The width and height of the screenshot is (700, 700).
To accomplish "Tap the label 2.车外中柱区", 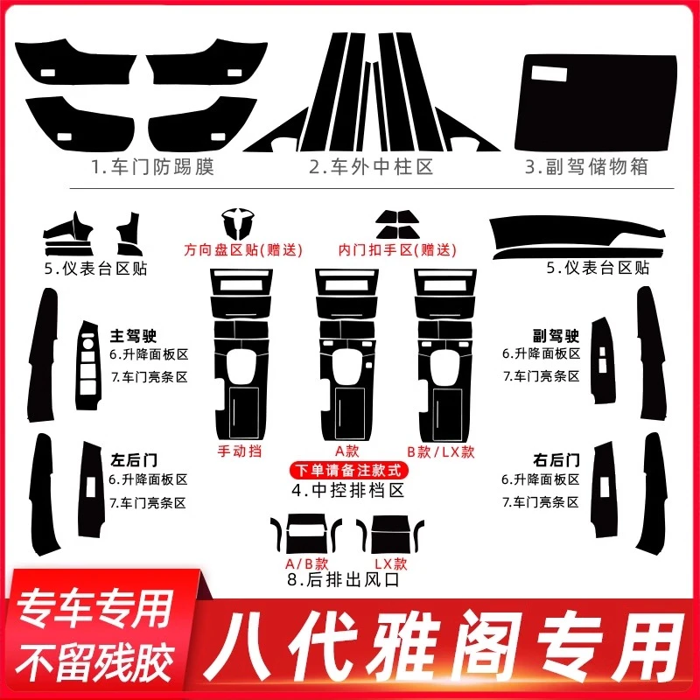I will pos(371,167).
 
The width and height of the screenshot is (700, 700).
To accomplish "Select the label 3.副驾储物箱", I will pos(587,167).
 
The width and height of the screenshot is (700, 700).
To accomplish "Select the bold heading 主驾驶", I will pos(129,334).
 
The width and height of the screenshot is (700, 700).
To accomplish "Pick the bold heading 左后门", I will pos(129,458).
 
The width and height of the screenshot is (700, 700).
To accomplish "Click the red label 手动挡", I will pos(239,452).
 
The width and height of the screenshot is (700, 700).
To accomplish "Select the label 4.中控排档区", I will pos(349,491).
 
